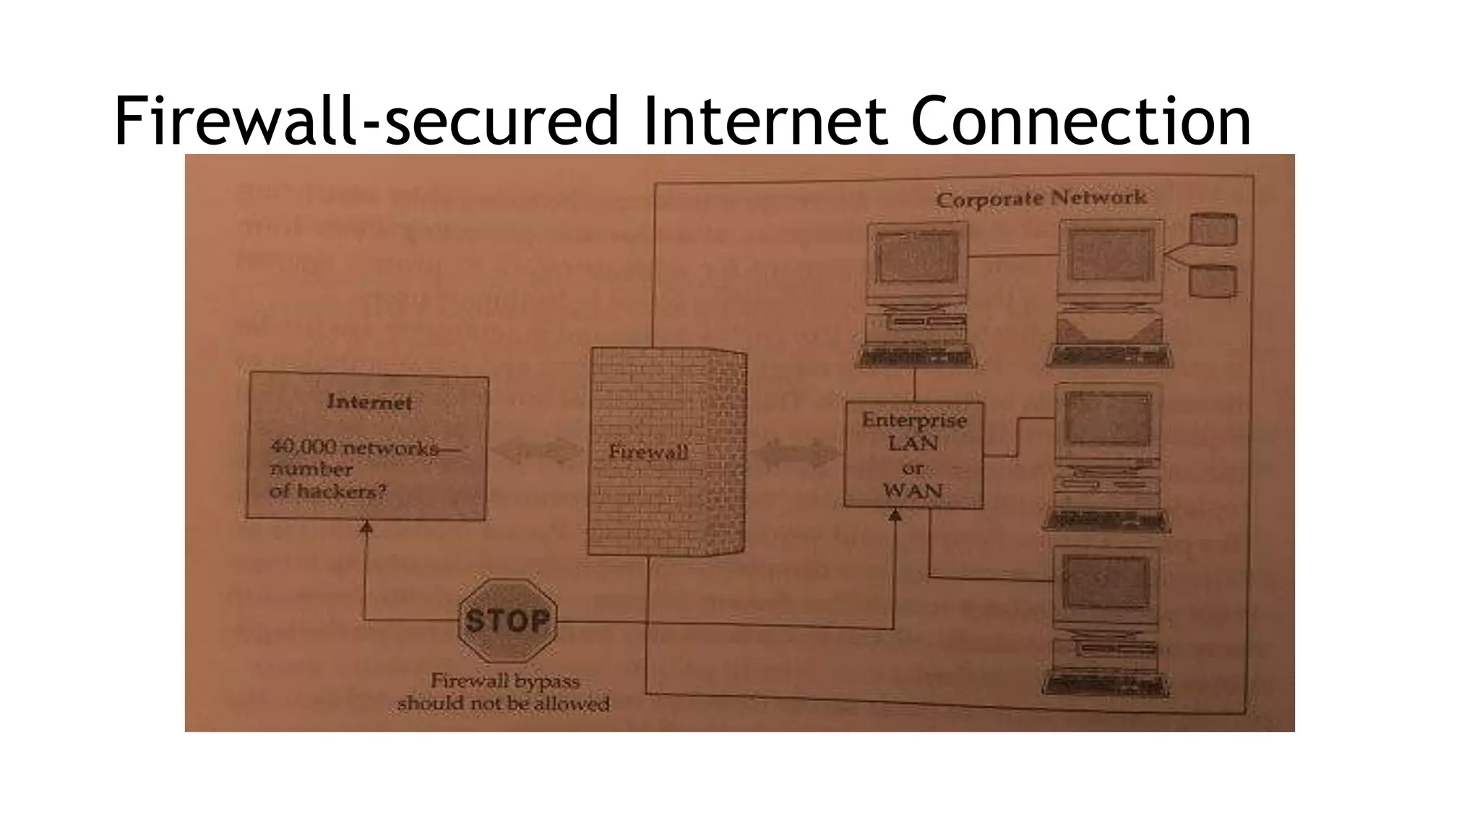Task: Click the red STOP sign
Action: tap(507, 620)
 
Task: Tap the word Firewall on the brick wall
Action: tap(648, 453)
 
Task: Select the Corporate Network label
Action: tap(1041, 198)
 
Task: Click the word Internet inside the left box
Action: tap(369, 402)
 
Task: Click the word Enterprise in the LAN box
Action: tap(914, 420)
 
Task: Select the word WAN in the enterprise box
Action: tap(913, 491)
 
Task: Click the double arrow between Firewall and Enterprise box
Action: tap(795, 454)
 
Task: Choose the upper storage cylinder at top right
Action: tap(1213, 229)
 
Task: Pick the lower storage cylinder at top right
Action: tap(1213, 281)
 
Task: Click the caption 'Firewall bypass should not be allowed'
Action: tap(504, 692)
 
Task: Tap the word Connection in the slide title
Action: tap(1080, 121)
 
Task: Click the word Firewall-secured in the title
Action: tap(366, 121)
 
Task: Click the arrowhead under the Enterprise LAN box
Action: tap(895, 516)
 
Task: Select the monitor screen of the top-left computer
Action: tap(917, 257)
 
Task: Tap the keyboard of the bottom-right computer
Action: tap(1105, 683)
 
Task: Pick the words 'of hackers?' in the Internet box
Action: tap(327, 492)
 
